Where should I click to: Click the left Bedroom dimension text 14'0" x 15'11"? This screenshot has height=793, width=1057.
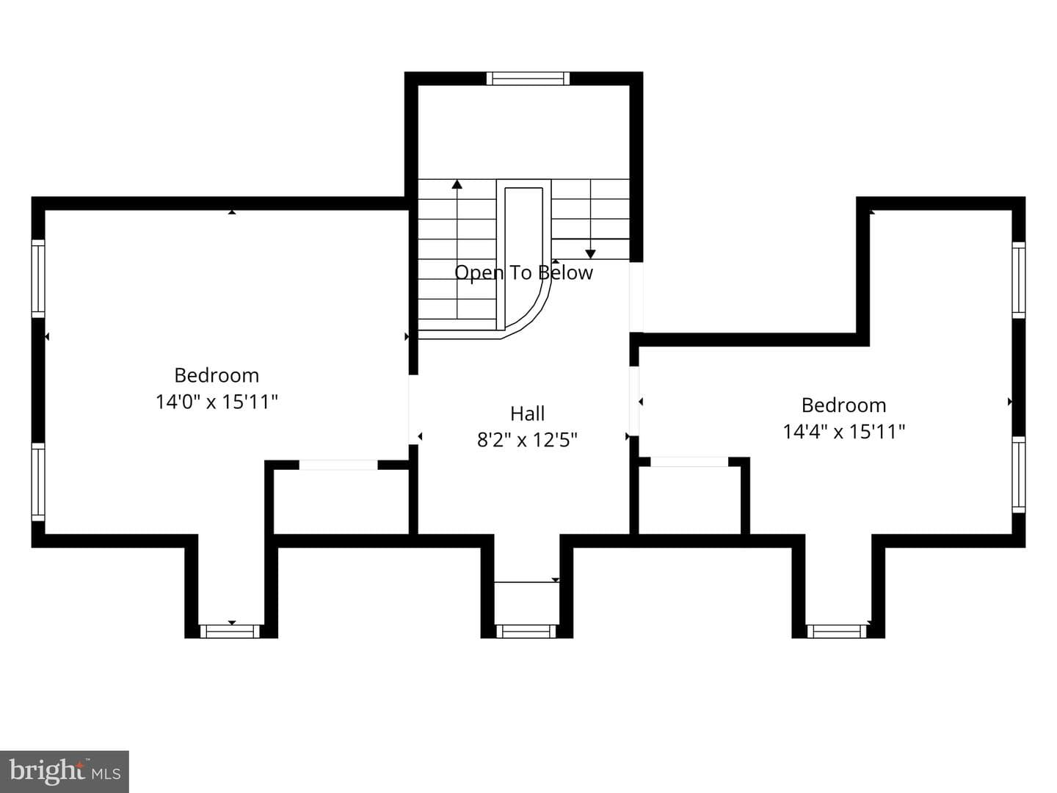coord(217,402)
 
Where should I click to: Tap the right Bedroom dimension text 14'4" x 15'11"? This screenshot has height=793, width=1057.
coord(843,432)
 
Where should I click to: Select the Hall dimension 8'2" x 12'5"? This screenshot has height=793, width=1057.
coord(527,440)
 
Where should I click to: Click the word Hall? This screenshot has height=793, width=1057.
coord(527,413)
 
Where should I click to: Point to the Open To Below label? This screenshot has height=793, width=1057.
coord(523,272)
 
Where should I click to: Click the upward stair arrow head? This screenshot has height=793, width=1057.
coord(457,184)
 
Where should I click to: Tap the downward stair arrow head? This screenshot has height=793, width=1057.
coord(590,254)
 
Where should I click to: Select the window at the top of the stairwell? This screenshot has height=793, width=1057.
coord(528,79)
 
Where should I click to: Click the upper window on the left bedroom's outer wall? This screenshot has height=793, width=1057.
coord(38,279)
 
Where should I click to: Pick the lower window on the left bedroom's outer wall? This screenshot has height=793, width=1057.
coord(38,482)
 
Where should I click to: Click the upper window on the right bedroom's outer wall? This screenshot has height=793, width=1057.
coord(1018,280)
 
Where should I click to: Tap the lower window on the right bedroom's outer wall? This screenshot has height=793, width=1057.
coord(1018,475)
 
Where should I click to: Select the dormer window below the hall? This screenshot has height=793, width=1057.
coord(526,631)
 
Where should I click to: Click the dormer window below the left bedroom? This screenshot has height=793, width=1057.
coord(230,631)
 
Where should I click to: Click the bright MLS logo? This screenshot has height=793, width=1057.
coord(65,771)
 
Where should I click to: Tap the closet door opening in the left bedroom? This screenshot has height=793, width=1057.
coord(338,465)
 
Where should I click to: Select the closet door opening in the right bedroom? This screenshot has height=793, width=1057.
coord(689,462)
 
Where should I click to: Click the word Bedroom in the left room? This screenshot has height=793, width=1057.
coord(217,375)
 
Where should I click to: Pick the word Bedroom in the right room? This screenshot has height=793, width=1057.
coord(843,405)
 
